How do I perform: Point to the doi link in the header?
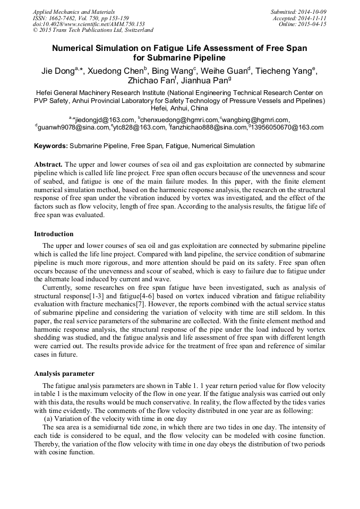pos(89,24)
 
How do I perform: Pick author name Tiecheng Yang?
pos(285,71)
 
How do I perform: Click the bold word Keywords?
pos(51,146)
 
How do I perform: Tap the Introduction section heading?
pos(54,234)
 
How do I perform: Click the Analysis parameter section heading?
pos(64,373)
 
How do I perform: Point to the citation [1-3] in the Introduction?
pos(97,296)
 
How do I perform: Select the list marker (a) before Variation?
pos(48,419)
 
